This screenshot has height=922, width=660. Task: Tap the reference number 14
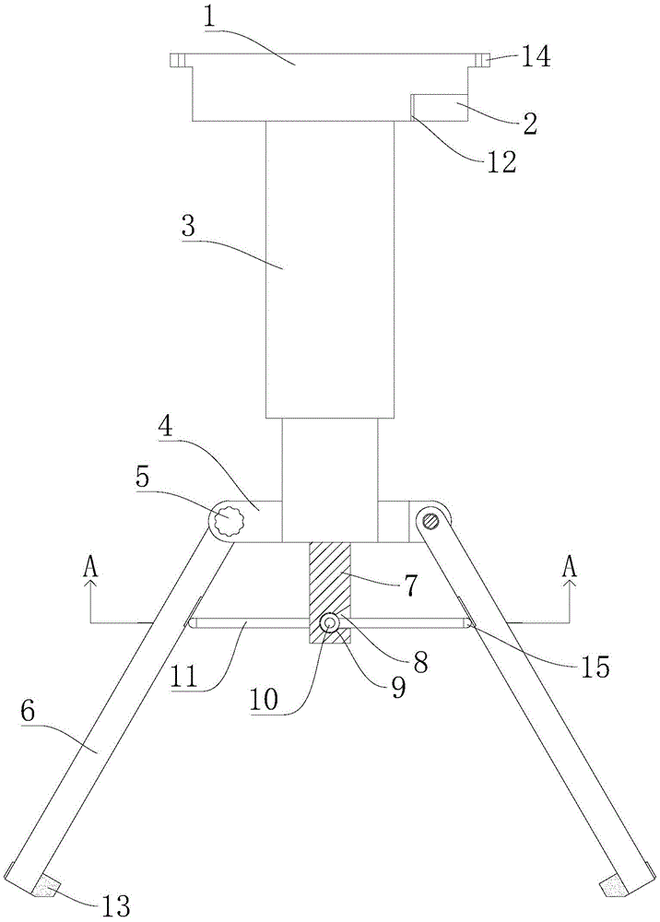point(536,58)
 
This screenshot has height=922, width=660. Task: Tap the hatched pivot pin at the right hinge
point(430,521)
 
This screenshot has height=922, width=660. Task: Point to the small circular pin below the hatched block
point(329,624)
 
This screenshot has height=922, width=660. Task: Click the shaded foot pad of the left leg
point(44,886)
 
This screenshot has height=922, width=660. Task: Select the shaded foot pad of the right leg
point(612,886)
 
